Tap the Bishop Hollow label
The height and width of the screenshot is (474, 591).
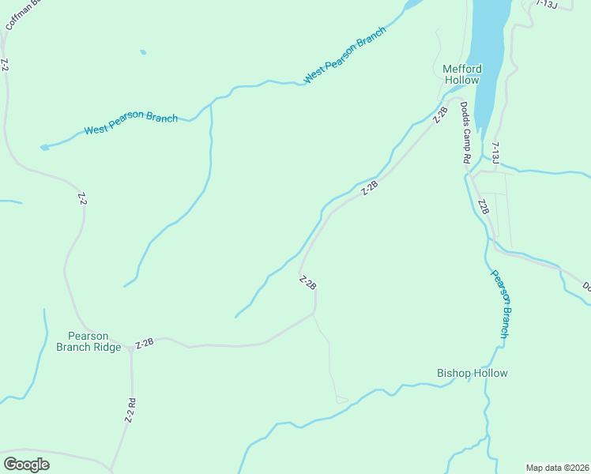pyautogui.click(x=472, y=373)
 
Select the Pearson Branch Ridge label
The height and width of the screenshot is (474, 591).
pyautogui.click(x=88, y=341)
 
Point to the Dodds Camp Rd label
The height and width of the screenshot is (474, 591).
pyautogui.click(x=466, y=133)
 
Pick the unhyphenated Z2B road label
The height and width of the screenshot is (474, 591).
pyautogui.click(x=484, y=207)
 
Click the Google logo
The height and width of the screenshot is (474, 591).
pyautogui.click(x=26, y=464)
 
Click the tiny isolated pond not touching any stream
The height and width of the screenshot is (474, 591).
pyautogui.click(x=143, y=53)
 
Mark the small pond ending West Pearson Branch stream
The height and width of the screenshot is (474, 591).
pyautogui.click(x=44, y=147)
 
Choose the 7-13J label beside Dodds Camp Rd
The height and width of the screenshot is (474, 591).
pyautogui.click(x=495, y=153)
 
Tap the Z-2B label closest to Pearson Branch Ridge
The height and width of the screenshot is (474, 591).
pyautogui.click(x=144, y=344)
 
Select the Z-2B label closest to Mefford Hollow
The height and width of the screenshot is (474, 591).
pyautogui.click(x=441, y=115)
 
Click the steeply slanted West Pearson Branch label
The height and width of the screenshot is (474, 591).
pyautogui.click(x=344, y=55)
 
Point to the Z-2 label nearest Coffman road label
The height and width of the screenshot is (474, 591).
pyautogui.click(x=5, y=66)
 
